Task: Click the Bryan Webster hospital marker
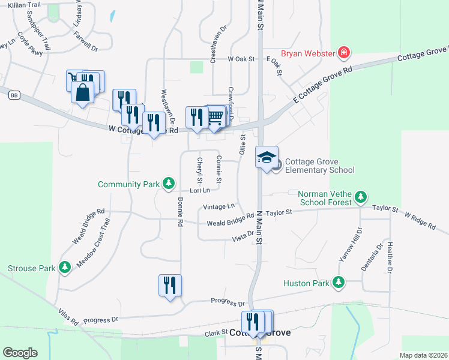tap(343, 53)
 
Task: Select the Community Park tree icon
tap(169, 184)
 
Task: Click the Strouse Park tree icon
tap(65, 268)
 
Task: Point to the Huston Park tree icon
tap(339, 283)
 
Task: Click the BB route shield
tap(14, 95)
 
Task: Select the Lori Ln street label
tap(199, 191)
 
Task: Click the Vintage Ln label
tap(218, 206)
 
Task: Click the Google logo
tap(20, 353)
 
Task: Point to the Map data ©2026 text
tap(423, 355)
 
